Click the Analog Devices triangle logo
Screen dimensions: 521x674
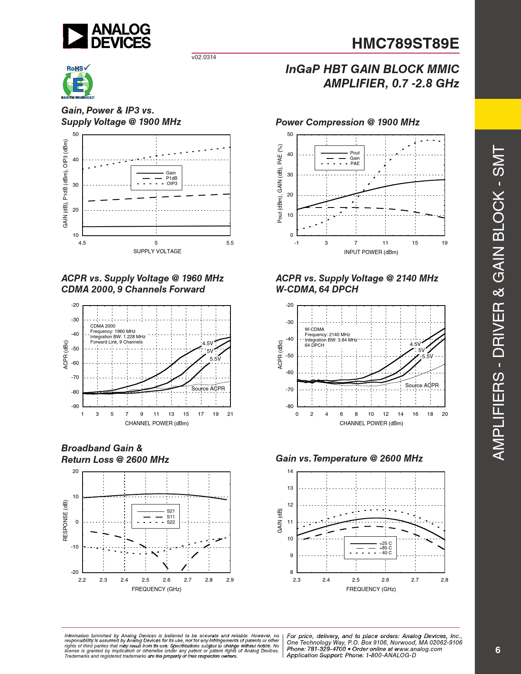75,36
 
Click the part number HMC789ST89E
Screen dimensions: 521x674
405,43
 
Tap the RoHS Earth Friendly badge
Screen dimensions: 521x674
78,82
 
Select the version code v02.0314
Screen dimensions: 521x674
203,57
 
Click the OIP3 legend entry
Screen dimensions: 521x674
157,184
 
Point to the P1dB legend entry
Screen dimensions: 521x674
157,179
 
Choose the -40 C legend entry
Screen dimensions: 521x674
371,553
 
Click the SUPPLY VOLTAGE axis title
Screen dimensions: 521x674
157,251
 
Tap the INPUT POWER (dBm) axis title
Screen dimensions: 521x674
371,252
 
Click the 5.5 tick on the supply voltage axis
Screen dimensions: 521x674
230,243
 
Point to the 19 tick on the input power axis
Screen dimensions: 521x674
444,243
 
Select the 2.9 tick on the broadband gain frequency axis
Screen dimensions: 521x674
230,580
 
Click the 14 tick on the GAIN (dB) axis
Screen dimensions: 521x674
290,471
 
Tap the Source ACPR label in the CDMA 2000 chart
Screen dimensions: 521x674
208,388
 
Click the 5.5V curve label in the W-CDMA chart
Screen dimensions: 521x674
427,356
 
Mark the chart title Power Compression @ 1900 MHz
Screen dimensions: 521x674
348,122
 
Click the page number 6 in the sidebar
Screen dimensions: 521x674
498,650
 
